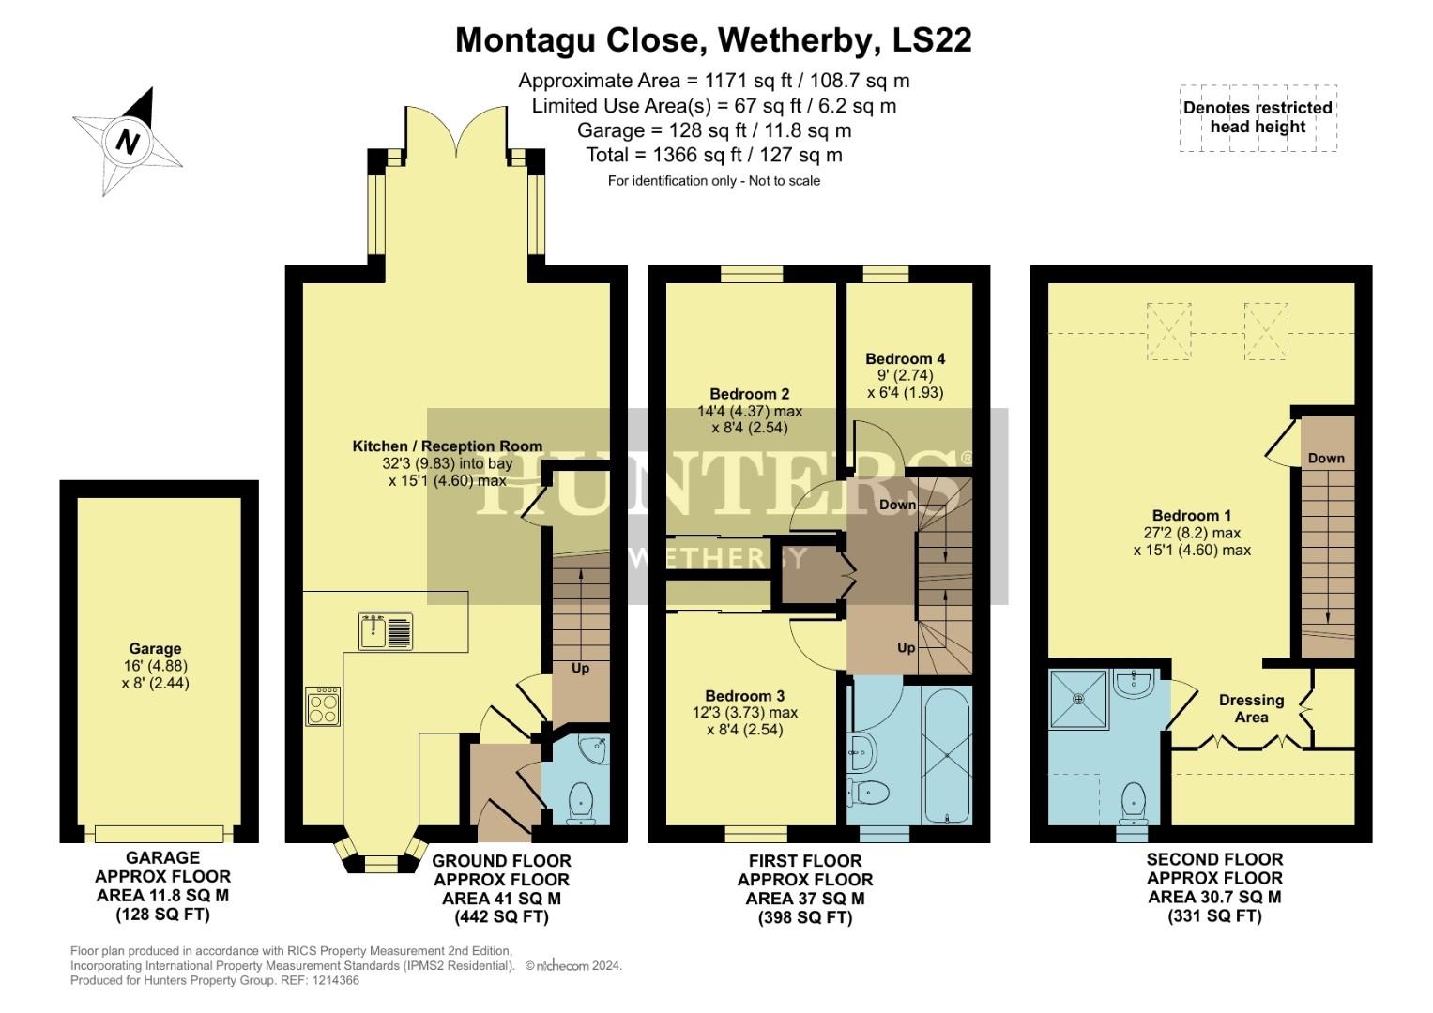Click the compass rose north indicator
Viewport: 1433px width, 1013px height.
point(128,142)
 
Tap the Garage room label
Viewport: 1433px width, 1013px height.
point(155,648)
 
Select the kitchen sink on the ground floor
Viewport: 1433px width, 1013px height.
point(385,630)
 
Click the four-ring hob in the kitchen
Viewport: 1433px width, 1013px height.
point(323,705)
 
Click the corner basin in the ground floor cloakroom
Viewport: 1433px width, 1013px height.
point(593,749)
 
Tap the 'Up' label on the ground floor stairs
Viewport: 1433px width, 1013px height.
point(581,669)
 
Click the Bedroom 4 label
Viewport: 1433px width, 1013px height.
point(905,358)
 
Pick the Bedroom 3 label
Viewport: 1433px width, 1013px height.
point(744,696)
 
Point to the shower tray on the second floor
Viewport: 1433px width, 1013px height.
point(1078,699)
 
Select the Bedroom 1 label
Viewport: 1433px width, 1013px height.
point(1191,515)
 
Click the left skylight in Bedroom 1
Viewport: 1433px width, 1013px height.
point(1168,331)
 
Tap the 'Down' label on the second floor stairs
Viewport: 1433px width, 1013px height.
point(1326,459)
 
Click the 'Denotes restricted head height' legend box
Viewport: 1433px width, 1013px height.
point(1258,118)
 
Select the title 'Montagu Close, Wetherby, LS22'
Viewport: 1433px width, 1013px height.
point(713,40)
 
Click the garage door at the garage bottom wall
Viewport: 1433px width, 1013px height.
point(159,833)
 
